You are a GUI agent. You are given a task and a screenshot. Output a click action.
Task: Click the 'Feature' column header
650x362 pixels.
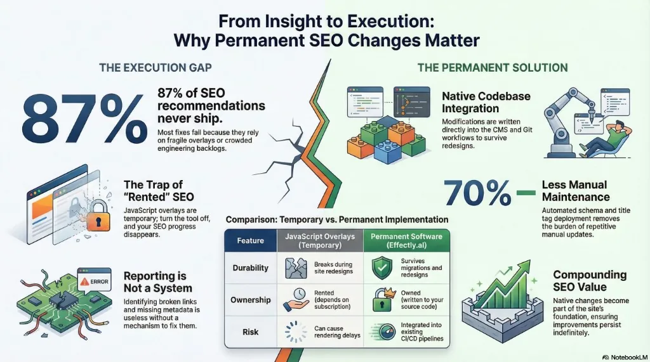pyautogui.click(x=250, y=241)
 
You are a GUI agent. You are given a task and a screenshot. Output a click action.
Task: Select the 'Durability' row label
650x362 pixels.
pyautogui.click(x=250, y=268)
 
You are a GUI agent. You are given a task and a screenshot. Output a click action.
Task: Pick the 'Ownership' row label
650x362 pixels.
pyautogui.click(x=250, y=300)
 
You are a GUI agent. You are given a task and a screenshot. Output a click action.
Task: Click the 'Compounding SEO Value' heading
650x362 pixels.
pyautogui.click(x=590, y=281)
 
